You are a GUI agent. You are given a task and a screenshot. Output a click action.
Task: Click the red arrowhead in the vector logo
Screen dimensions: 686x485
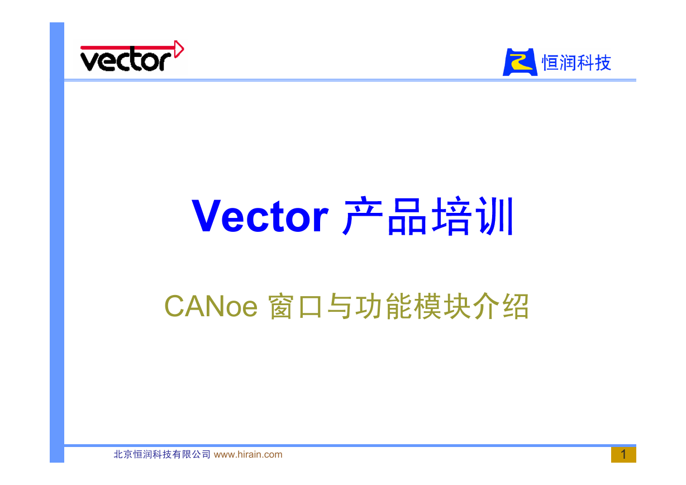point(179,49)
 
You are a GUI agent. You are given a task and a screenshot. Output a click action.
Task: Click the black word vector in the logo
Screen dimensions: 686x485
point(126,60)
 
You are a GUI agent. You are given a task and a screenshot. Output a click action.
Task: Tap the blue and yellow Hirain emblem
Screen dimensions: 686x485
point(520,62)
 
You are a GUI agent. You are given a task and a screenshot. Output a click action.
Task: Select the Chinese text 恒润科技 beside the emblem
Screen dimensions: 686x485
point(577,63)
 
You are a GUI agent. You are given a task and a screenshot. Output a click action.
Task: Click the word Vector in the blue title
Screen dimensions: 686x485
point(260,216)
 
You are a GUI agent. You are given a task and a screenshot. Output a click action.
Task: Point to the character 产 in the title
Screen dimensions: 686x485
point(363,216)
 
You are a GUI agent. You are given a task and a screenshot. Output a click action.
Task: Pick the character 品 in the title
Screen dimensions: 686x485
point(407,216)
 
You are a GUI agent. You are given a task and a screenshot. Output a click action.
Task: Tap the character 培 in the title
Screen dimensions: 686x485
point(451,216)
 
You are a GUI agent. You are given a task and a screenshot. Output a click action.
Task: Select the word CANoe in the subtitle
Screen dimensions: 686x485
point(211,306)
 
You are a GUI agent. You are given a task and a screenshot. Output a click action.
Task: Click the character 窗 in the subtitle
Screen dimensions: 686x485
point(281,306)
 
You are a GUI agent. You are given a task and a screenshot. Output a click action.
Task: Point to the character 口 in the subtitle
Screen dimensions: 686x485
point(310,307)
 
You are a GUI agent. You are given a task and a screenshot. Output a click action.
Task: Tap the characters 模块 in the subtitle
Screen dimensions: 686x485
point(442,306)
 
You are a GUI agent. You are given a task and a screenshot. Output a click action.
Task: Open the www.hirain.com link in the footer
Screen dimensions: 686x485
point(248,454)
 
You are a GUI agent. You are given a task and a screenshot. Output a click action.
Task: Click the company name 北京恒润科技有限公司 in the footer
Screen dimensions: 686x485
point(162,454)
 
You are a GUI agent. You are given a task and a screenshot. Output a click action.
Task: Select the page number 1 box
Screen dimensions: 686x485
point(623,455)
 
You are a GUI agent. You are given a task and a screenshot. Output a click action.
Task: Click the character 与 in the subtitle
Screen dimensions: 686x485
point(339,306)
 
